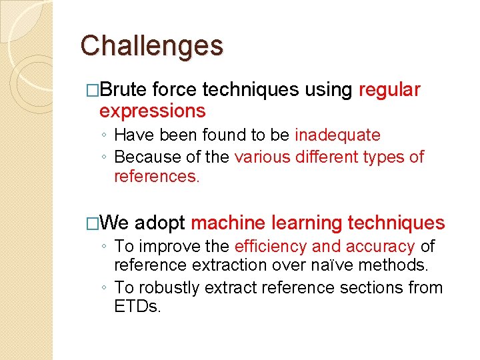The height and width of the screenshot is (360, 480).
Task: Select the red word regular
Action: click(389, 90)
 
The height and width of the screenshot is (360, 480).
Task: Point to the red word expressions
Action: click(152, 111)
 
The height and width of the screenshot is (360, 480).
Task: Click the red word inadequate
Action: click(337, 135)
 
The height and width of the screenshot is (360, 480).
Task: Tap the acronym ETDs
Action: click(137, 308)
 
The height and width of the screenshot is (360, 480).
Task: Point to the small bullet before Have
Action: click(105, 136)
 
